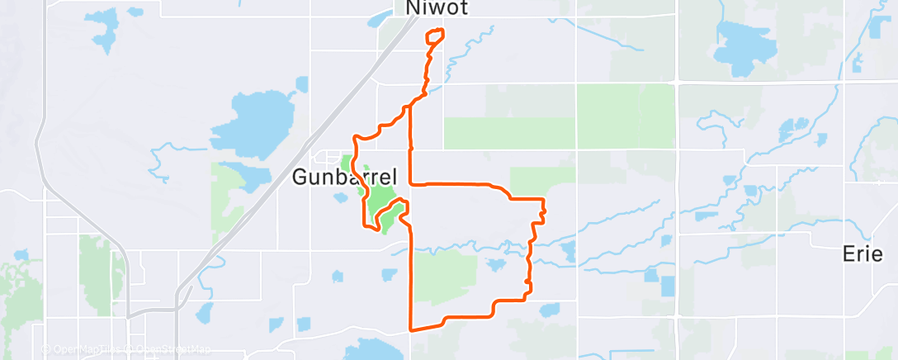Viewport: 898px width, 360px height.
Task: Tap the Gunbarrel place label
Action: [x=345, y=177]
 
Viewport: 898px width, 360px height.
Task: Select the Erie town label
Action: [x=863, y=254]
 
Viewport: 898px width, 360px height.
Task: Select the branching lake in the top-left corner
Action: [x=103, y=29]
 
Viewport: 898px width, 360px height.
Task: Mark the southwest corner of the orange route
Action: [x=412, y=329]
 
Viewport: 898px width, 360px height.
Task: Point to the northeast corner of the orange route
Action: [x=543, y=200]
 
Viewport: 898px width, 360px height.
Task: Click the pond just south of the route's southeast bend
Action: [x=548, y=310]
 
